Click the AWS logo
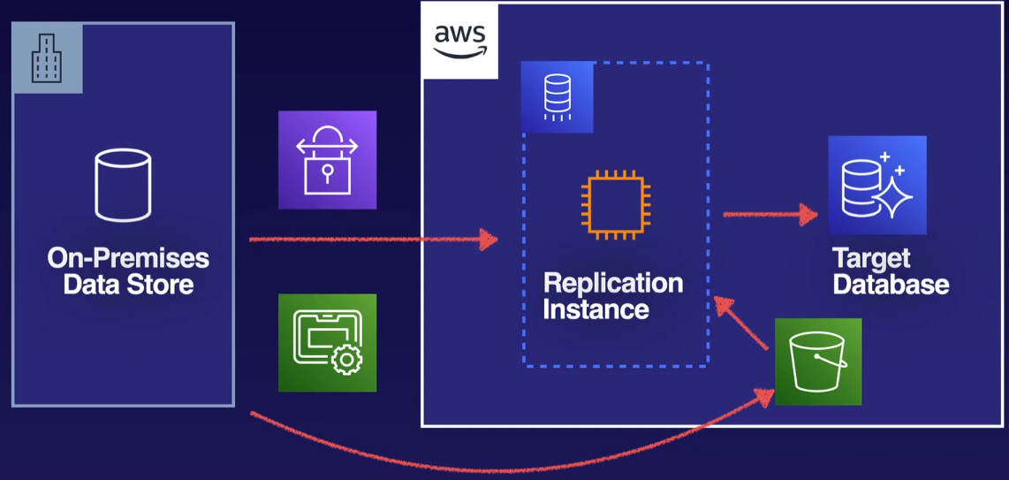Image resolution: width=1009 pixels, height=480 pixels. tap(459, 41)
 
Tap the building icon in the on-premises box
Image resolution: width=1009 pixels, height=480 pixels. tap(47, 58)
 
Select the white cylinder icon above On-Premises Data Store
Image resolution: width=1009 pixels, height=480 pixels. tap(123, 185)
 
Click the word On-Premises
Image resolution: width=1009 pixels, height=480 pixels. tap(128, 258)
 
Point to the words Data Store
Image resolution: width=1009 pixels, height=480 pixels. tap(128, 285)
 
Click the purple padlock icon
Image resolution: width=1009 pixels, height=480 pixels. tap(327, 160)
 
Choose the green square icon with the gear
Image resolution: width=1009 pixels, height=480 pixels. tap(327, 343)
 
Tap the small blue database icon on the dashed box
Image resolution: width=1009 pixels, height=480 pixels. tap(557, 97)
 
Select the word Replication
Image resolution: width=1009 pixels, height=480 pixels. tap(613, 283)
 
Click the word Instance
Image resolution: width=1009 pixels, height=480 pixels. tap(596, 309)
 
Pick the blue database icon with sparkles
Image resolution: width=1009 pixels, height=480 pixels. tap(877, 185)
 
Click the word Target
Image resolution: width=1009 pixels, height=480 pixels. tap(871, 258)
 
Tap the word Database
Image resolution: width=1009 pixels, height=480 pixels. tap(891, 285)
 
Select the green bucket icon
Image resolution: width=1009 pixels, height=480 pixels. tap(818, 362)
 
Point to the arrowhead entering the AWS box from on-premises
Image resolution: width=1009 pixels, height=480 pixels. tap(488, 239)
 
